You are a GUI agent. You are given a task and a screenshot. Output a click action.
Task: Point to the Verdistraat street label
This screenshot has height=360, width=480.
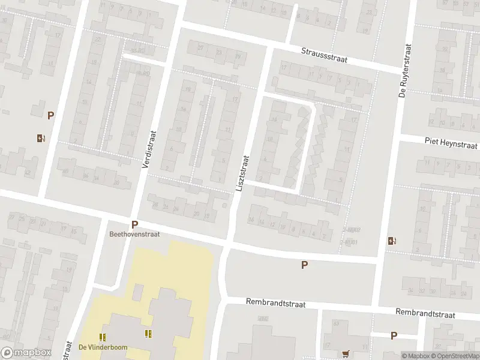click(x=148, y=150)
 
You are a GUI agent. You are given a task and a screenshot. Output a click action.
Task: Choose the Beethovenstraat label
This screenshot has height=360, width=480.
click(x=134, y=235)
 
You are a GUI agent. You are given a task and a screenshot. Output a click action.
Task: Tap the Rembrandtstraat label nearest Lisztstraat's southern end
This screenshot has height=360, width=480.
click(x=275, y=304)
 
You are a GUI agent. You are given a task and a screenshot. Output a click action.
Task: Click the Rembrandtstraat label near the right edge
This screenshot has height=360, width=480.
click(x=425, y=314)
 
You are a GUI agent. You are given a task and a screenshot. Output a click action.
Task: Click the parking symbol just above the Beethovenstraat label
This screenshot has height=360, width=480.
click(x=134, y=224)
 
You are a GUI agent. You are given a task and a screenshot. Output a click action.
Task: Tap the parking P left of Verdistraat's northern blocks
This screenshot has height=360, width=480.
click(x=51, y=116)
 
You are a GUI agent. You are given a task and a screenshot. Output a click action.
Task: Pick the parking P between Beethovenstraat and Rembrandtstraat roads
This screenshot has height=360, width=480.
click(x=305, y=265)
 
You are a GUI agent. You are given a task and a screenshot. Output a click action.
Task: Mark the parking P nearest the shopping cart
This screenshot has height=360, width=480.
click(x=394, y=336)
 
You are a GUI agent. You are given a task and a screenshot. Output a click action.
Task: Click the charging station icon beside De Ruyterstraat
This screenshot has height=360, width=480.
click(x=392, y=241)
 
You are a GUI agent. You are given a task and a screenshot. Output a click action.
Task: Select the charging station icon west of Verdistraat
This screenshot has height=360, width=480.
click(x=40, y=138)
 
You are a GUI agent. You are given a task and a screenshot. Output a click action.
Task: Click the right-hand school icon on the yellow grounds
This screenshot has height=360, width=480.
click(x=147, y=334)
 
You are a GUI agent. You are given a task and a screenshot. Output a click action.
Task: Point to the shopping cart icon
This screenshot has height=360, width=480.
click(x=346, y=353)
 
